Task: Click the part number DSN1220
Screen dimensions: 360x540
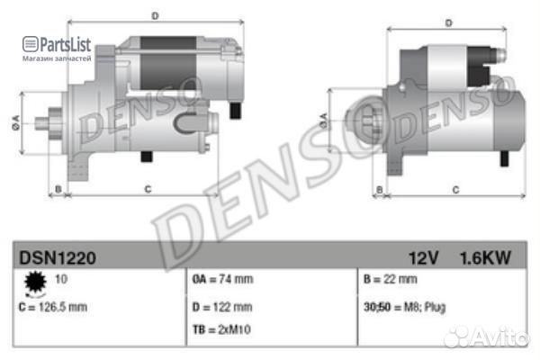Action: [58, 258]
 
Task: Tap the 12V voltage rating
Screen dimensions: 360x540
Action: [423, 258]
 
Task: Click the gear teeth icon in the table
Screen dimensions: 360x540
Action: [37, 284]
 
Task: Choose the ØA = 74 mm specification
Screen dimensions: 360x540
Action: [222, 280]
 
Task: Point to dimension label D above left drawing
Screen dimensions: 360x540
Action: [155, 15]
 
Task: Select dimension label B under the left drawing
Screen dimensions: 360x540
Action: [58, 189]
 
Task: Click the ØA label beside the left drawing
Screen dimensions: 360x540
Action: [16, 124]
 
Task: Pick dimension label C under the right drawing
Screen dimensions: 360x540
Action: [455, 189]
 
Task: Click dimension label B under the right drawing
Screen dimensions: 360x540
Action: [380, 189]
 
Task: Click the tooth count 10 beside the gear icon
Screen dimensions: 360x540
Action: [62, 280]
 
